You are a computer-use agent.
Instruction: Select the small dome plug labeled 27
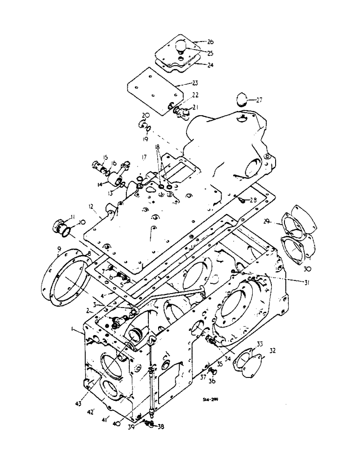[x=243, y=100]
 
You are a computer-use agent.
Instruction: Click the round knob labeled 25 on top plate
[x=181, y=47]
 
